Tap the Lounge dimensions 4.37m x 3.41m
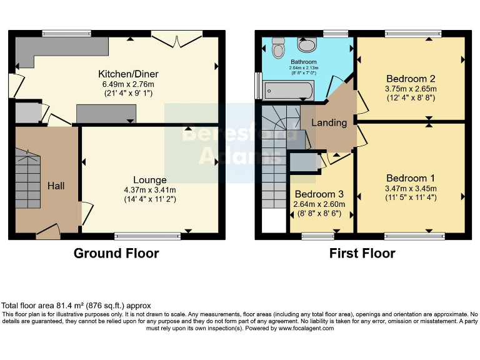point(149,190)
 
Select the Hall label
point(56,186)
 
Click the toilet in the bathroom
point(277,47)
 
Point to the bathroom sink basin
point(306,45)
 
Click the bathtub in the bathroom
point(287,91)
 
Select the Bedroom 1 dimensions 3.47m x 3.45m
point(411,188)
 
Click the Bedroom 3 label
point(319,194)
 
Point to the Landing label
point(329,122)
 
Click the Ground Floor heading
point(116,253)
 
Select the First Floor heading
point(362,253)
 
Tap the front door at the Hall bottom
point(49,234)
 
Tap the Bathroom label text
point(303,62)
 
